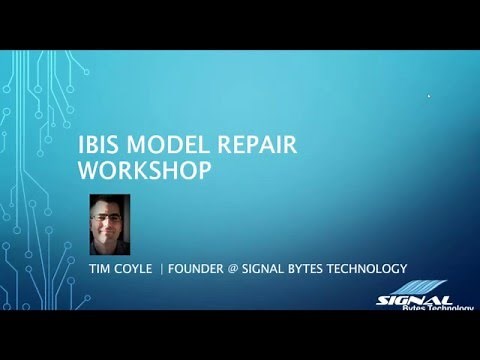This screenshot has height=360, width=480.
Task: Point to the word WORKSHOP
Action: (144, 170)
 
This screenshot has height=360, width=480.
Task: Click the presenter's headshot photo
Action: (113, 224)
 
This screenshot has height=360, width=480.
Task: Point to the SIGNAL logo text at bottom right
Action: (416, 299)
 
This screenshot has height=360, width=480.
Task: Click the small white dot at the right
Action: (429, 96)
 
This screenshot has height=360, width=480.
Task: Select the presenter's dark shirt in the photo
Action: (113, 247)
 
